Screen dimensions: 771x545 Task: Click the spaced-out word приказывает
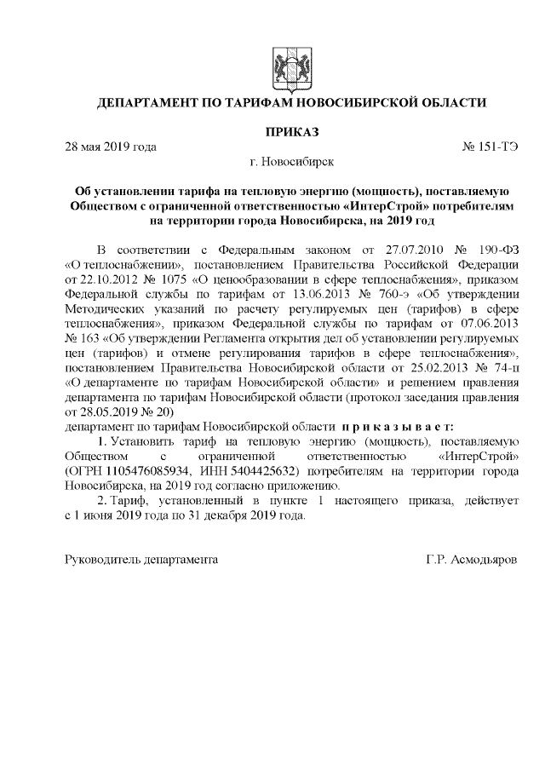[x=399, y=425]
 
